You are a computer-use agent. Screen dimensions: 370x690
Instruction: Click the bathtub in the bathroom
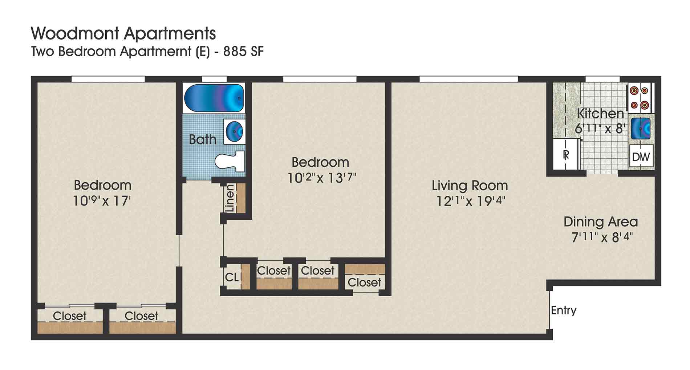coord(214,98)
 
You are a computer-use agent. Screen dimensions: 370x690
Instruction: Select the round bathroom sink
coord(234,131)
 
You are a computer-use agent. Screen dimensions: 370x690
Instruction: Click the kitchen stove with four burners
coord(640,98)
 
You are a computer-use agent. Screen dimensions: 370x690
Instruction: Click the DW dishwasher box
coord(641,156)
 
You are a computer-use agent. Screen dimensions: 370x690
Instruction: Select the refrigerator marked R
coord(566,155)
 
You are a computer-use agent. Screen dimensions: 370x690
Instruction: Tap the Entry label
coord(564,310)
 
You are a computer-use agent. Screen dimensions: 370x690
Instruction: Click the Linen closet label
coord(230,198)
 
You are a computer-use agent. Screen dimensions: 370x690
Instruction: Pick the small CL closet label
coord(232,277)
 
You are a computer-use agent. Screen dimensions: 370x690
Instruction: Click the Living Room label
coord(470,186)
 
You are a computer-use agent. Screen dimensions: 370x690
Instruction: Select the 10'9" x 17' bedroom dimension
coord(102,201)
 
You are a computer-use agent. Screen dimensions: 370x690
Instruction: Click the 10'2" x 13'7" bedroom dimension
coord(322,178)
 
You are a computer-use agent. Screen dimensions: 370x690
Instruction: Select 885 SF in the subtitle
coord(243,52)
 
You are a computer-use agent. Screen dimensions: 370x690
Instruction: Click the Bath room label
coord(202,139)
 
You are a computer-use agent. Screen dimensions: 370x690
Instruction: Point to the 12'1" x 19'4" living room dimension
coord(471,201)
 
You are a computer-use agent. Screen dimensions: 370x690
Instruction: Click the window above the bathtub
coord(214,79)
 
